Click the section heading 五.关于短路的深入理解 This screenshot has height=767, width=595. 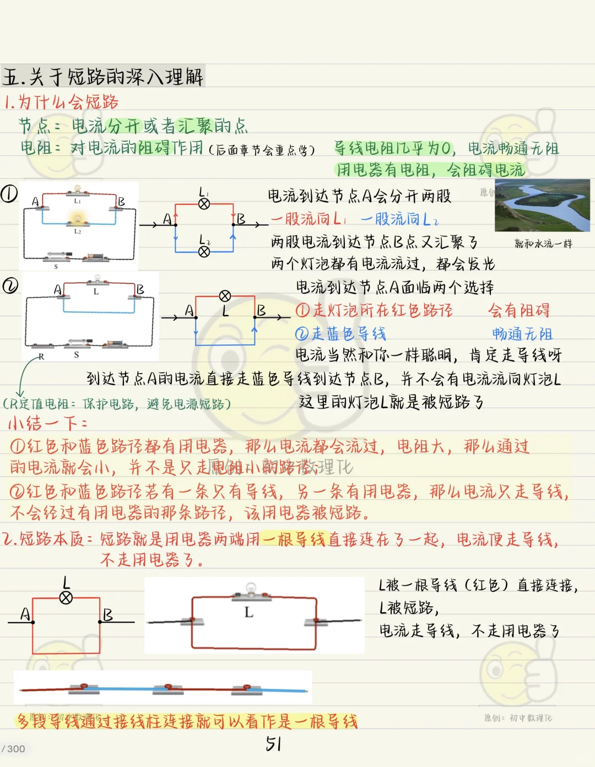click(103, 77)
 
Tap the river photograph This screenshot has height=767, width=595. click(542, 205)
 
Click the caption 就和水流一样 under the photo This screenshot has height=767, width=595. click(543, 244)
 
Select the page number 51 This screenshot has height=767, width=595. click(273, 744)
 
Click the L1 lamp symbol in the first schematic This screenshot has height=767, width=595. click(204, 204)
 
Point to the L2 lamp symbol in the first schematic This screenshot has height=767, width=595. click(204, 252)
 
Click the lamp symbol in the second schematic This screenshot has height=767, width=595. click(225, 296)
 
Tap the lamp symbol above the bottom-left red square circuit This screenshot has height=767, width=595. click(66, 598)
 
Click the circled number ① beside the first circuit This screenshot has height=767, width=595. click(9, 193)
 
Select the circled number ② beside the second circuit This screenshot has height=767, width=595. click(10, 285)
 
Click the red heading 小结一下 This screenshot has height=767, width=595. click(47, 423)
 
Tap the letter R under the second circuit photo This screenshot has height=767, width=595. click(41, 357)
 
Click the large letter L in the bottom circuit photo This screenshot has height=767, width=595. click(249, 612)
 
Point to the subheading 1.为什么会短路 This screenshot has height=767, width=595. click(61, 102)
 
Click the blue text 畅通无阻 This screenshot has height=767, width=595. click(522, 334)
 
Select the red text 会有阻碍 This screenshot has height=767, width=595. click(519, 310)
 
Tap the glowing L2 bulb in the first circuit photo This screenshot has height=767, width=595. click(78, 220)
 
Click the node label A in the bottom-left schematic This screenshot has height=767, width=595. click(25, 614)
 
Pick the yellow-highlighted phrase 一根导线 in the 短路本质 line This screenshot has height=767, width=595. click(294, 539)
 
